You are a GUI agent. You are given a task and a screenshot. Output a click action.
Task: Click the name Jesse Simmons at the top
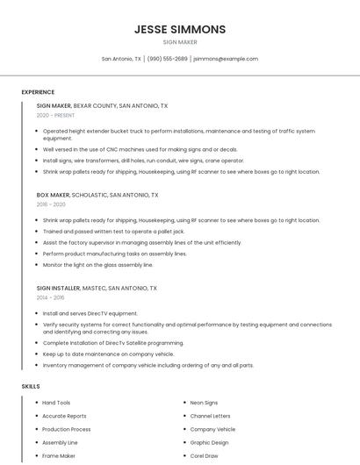point(180,29)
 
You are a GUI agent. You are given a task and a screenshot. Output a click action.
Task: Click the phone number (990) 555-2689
point(167,59)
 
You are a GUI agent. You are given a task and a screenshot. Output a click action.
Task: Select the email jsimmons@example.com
point(226,59)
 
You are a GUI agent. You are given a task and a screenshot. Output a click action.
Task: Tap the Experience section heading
point(38,92)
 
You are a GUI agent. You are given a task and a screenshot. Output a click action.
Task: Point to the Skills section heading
point(31,386)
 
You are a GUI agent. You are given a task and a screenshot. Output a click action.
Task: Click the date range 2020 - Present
point(55,115)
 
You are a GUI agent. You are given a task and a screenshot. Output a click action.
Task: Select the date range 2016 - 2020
point(51,204)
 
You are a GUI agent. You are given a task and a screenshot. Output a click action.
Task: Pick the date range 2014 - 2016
point(51,297)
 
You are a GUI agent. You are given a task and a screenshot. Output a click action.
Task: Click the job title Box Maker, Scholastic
point(97,195)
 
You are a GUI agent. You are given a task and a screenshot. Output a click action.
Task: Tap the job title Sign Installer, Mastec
point(97,288)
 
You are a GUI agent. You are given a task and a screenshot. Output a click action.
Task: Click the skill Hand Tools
point(56,403)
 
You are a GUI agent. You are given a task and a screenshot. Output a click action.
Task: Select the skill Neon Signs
point(204,403)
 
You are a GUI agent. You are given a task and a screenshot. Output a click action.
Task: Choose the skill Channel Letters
point(210,416)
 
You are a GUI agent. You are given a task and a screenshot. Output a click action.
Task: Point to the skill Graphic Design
point(209,443)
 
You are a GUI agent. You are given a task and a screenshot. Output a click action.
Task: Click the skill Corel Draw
point(204,456)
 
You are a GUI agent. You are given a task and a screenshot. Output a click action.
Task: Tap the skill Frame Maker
point(59,456)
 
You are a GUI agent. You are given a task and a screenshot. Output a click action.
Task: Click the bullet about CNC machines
point(140,149)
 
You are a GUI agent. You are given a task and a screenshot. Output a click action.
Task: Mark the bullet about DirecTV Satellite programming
point(113,343)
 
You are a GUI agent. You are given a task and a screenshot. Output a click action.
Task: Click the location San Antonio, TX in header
point(121,59)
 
